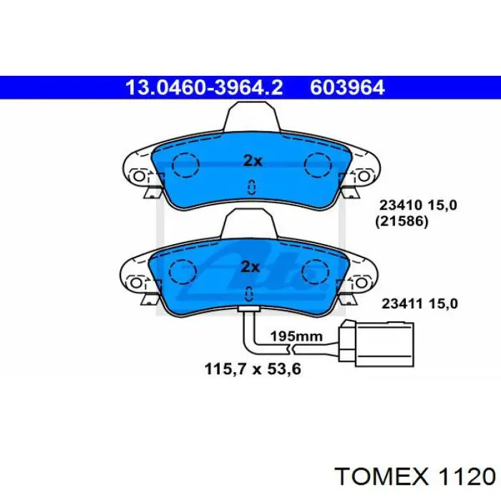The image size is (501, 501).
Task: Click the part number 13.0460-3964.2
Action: pos(204,87)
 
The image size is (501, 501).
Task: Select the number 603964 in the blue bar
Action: pos(347,87)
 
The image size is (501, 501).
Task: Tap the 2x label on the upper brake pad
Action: pos(253,161)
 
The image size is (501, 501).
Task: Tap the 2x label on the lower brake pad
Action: pos(250,267)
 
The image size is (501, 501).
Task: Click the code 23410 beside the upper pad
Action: pos(401,205)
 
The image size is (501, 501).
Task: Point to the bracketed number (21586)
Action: pos(402,221)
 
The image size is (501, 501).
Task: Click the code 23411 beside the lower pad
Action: pos(402,303)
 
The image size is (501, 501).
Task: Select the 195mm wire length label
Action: pos(296,336)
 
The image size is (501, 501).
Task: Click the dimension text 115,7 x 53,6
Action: pos(253,369)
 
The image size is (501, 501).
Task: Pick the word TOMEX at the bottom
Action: pos(382,477)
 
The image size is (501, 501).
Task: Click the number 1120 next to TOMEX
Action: pos(467,477)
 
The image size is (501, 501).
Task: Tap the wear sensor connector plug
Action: pos(376,344)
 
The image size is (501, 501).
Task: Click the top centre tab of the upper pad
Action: pos(253,116)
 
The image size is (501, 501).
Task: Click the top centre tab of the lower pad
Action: pos(249,223)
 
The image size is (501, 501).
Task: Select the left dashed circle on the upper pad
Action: pos(185,165)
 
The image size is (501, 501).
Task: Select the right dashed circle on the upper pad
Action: pos(318,165)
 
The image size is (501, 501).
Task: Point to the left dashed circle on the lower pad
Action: pos(183,272)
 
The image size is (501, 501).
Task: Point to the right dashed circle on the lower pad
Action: pos(315,272)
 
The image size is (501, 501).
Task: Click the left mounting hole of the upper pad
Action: pos(139,176)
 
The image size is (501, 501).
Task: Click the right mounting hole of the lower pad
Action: pos(361,283)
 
